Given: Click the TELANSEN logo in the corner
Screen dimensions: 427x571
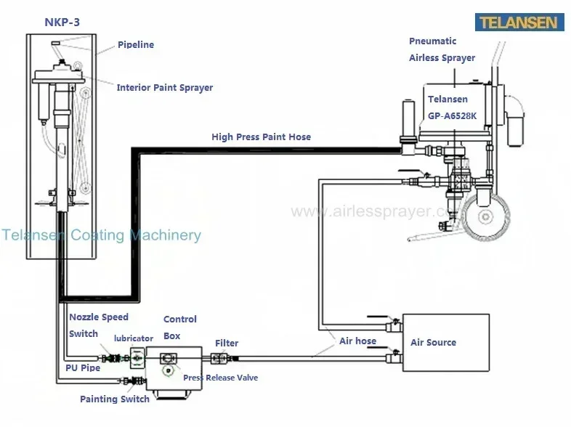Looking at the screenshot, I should [x=520, y=22].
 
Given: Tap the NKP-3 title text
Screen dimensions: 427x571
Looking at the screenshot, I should [x=62, y=22].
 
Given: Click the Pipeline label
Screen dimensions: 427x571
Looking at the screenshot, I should [x=136, y=45].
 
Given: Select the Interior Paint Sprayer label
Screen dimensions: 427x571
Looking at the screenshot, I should [x=165, y=88].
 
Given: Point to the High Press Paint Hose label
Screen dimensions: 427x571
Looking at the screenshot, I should [x=261, y=137].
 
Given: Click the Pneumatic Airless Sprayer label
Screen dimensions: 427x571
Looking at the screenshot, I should [x=442, y=49].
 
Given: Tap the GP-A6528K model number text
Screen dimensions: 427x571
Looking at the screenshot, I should [x=453, y=114].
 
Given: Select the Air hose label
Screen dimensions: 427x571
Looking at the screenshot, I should [x=357, y=341].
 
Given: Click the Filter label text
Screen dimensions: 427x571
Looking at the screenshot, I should [x=226, y=343].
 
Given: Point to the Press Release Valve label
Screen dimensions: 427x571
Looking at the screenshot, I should [x=220, y=378].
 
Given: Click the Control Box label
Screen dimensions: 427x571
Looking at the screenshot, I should [x=179, y=328].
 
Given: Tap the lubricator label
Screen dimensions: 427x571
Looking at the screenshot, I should [x=133, y=338].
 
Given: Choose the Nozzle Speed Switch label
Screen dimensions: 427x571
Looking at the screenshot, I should [x=98, y=325].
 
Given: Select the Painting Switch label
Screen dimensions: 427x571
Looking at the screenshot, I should [x=114, y=399].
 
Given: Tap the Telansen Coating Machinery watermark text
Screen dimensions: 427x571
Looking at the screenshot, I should [x=101, y=235].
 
